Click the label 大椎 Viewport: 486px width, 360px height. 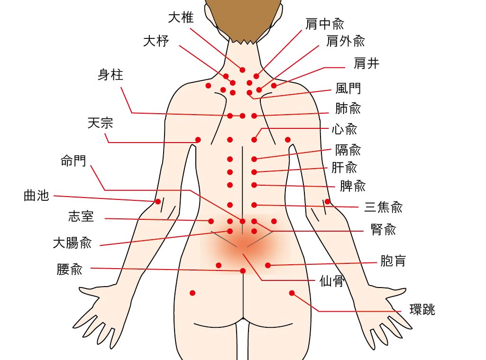[181, 18]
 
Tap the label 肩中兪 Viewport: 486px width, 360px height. [325, 24]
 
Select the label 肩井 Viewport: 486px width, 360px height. [367, 63]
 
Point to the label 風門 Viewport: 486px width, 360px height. [348, 89]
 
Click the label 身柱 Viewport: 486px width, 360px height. [110, 75]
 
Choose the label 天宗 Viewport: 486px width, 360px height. [101, 124]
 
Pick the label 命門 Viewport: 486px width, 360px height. [73, 161]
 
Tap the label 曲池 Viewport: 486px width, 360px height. [37, 196]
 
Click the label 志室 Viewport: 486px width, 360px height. [81, 217]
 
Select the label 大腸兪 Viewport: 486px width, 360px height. [72, 243]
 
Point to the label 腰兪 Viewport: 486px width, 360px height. [70, 270]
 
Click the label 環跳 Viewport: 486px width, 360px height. [422, 310]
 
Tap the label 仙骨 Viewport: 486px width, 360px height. [331, 281]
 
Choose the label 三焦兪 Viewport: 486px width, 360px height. [384, 207]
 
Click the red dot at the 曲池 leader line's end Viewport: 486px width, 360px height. [158, 201]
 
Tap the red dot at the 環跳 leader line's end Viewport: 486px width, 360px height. [292, 293]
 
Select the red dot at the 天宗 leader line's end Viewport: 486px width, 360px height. [198, 140]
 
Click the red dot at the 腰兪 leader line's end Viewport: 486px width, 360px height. [243, 270]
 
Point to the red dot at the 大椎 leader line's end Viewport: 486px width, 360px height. [242, 70]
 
